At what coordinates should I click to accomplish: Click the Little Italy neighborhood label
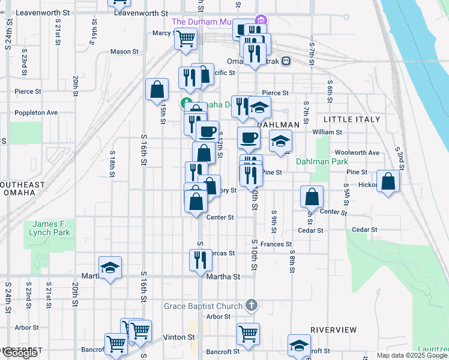point(352,119)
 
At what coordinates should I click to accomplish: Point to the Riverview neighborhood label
point(334,330)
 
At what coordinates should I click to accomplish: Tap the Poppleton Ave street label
point(36,112)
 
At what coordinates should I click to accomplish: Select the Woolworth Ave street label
point(357,153)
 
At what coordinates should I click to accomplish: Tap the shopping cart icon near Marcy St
point(186,39)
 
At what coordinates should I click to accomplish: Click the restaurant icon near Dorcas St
point(200,259)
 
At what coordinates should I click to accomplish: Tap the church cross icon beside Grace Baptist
point(252,306)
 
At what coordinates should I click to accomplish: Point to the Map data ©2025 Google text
point(412,355)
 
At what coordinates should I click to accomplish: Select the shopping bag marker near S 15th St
point(157,89)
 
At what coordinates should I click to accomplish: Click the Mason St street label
point(125,52)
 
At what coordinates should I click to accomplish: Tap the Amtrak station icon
point(286,61)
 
